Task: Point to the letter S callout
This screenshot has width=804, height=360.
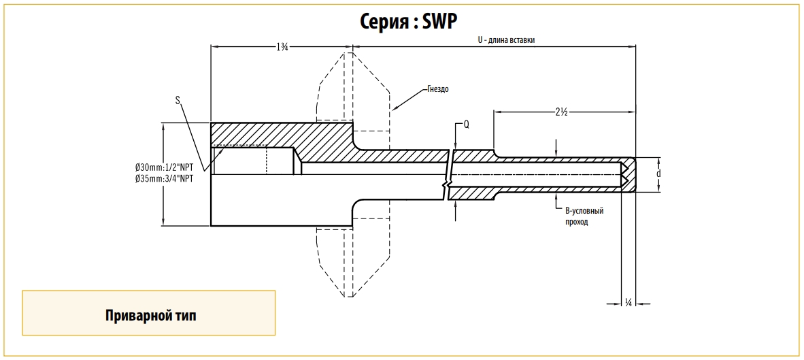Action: pyautogui.click(x=178, y=100)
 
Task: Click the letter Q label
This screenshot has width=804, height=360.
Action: pyautogui.click(x=466, y=125)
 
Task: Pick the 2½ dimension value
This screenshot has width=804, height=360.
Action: pyautogui.click(x=561, y=112)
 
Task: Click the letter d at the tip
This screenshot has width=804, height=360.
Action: pyautogui.click(x=658, y=174)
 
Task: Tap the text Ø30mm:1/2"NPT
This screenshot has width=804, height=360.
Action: pyautogui.click(x=165, y=167)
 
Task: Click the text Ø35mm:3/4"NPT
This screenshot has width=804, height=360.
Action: pyautogui.click(x=165, y=178)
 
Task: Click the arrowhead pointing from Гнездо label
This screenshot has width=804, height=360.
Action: pyautogui.click(x=395, y=108)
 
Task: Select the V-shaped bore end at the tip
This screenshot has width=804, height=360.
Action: pyautogui.click(x=624, y=174)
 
